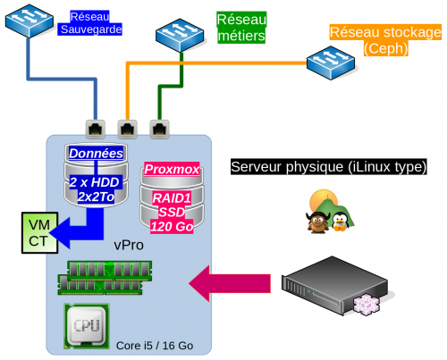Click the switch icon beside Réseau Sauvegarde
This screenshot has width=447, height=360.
tap(30, 21)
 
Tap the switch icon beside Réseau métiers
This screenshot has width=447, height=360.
tap(180, 35)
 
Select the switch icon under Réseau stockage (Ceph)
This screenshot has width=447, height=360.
tap(331, 63)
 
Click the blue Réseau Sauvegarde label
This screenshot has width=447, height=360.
tap(89, 23)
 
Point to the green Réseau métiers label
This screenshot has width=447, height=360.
tap(241, 28)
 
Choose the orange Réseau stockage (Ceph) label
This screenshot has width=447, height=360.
tap(385, 40)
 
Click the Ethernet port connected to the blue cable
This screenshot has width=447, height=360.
tap(96, 130)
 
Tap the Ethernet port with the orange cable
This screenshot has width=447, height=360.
tap(128, 130)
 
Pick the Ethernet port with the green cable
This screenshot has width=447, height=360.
tap(159, 130)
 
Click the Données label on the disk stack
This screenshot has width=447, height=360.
tap(96, 154)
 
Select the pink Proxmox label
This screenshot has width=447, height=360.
tap(172, 170)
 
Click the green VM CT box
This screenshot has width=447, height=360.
tap(39, 233)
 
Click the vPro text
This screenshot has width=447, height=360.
tap(129, 245)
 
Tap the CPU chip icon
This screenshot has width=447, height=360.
tap(87, 326)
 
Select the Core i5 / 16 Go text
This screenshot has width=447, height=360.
tap(155, 346)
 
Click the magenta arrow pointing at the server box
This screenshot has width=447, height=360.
tap(230, 283)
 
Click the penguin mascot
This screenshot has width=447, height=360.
tap(340, 222)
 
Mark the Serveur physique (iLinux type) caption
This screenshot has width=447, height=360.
tap(329, 167)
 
